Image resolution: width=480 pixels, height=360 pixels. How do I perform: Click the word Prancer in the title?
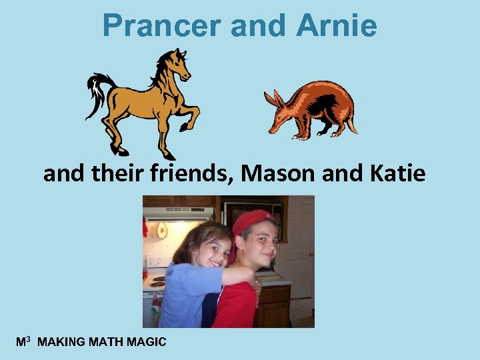pyautogui.click(x=162, y=27)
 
